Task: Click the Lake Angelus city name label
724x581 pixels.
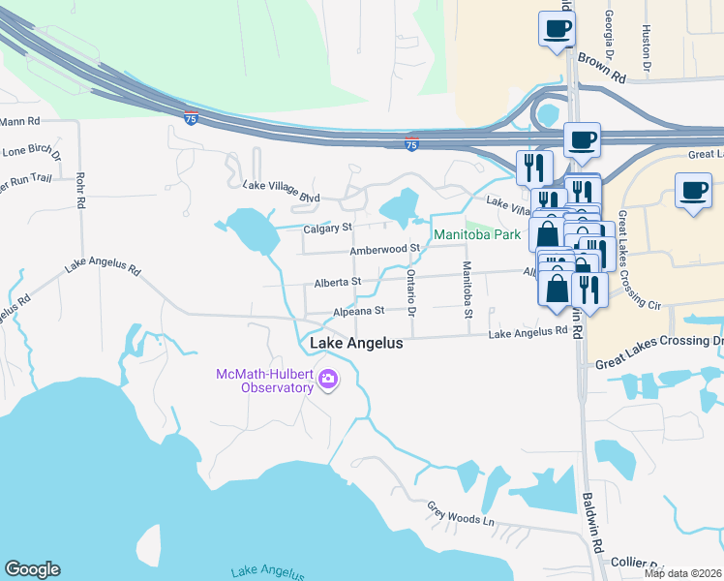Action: [355, 344]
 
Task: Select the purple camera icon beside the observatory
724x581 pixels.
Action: [328, 380]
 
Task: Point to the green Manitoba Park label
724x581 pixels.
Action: [477, 234]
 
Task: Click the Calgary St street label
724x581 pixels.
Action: [325, 228]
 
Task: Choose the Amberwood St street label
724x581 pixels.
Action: [384, 249]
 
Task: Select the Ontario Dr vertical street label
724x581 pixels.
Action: [411, 291]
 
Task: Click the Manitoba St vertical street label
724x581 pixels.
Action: [467, 290]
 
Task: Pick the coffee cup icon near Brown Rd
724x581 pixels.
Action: [557, 28]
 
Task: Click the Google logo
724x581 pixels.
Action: [32, 569]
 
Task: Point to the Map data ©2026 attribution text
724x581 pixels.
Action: [682, 573]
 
